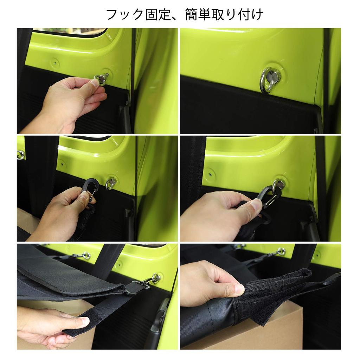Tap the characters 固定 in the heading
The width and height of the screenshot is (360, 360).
pyautogui.click(x=154, y=15)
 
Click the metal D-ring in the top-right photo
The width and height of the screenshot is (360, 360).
pyautogui.click(x=270, y=79)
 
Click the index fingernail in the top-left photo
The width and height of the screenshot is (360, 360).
pyautogui.click(x=94, y=83)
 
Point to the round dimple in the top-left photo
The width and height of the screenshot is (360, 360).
pyautogui.click(x=54, y=64)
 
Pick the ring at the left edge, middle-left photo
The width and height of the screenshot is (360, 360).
pyautogui.click(x=21, y=155)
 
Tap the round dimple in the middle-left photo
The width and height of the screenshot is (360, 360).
pyautogui.click(x=62, y=164)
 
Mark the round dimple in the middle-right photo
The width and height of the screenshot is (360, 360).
pyautogui.click(x=210, y=173)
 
